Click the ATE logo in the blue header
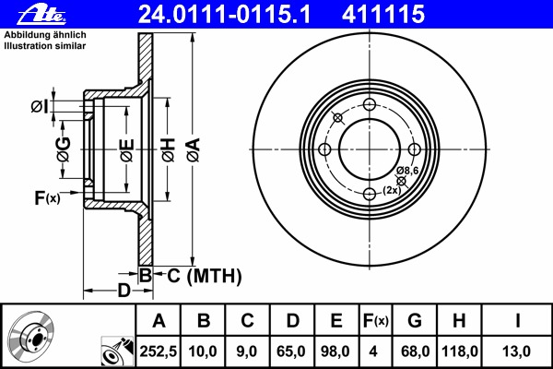click(x=41, y=15)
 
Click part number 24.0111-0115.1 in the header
click(x=224, y=15)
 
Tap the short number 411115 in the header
click(x=383, y=15)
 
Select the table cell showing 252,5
click(x=159, y=351)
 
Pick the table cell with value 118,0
click(x=460, y=351)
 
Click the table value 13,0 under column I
click(x=517, y=351)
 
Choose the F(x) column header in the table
click(x=376, y=321)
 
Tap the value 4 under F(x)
click(x=373, y=351)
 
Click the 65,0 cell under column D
click(x=291, y=351)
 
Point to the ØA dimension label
click(x=194, y=150)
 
